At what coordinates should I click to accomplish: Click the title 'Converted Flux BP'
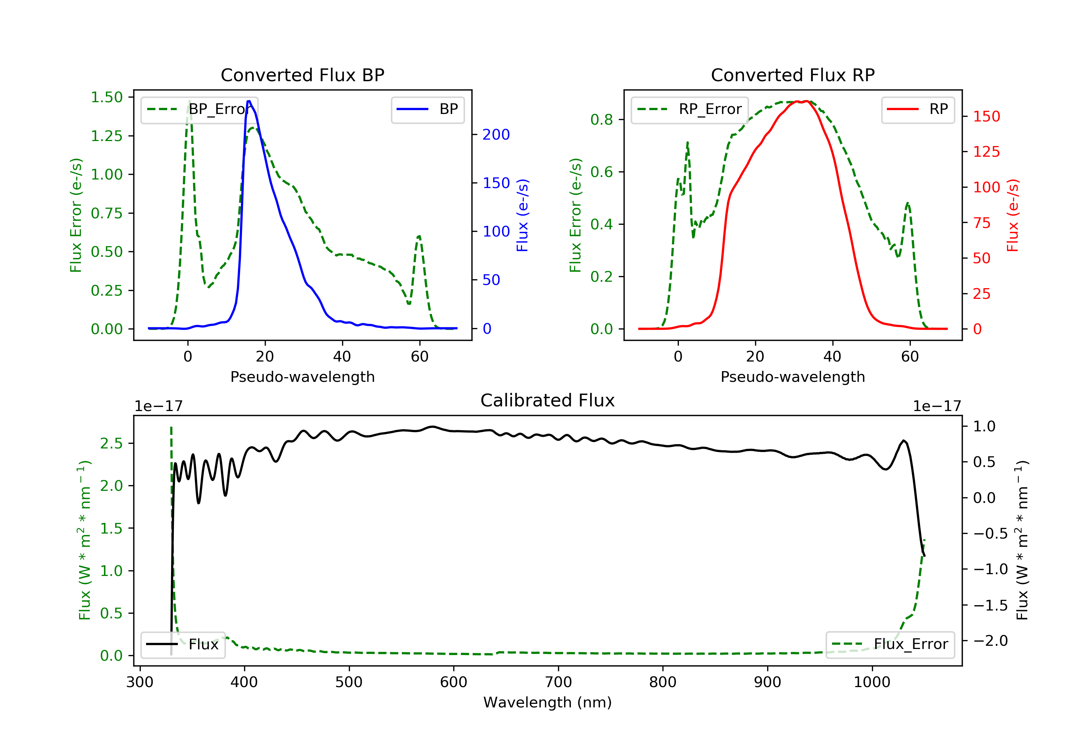(x=302, y=75)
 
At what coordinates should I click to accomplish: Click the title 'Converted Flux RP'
(x=792, y=75)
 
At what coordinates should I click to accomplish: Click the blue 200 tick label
(x=496, y=135)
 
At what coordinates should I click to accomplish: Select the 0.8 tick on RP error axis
(x=601, y=120)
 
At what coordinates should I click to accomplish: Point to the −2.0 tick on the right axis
(x=990, y=641)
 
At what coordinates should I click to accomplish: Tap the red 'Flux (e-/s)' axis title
(x=1013, y=215)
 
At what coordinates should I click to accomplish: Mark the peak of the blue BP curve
(x=249, y=101)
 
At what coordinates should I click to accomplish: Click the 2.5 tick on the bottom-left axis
(x=111, y=443)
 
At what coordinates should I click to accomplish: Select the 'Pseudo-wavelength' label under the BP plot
(x=302, y=376)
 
